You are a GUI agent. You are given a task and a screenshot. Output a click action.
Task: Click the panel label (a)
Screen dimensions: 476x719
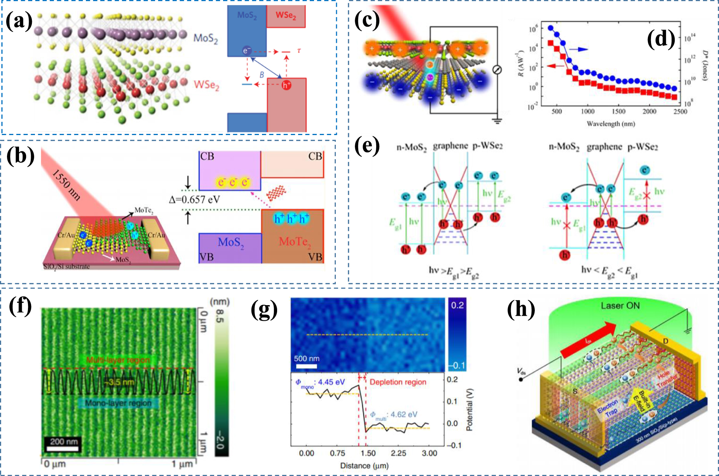[x=19, y=21]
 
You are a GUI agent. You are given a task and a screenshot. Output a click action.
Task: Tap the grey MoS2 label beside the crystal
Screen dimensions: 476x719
[x=206, y=38]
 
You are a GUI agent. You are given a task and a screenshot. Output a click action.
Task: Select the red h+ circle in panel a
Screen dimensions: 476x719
[x=286, y=85]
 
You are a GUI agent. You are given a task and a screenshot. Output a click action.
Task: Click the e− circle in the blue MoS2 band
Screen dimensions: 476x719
[x=246, y=51]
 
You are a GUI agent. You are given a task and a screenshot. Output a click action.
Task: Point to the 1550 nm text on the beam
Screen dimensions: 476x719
[x=66, y=185]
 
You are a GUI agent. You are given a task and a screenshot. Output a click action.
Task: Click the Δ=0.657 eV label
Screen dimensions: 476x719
[x=194, y=200]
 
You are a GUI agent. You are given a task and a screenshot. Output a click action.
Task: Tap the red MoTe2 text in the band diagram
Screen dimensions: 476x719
[x=295, y=242]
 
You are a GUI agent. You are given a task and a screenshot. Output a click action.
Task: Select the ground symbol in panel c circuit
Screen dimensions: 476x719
[x=497, y=121]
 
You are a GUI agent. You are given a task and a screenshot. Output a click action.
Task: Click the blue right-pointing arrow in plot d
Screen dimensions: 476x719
[x=579, y=49]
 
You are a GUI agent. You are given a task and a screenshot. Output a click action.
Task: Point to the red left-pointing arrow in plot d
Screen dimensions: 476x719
[x=556, y=66]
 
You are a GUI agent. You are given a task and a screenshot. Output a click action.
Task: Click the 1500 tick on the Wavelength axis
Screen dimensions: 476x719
[x=618, y=112]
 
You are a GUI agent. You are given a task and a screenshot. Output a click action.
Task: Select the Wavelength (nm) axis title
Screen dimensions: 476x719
[x=611, y=124]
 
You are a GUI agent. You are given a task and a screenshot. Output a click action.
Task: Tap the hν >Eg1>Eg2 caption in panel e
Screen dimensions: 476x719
[x=454, y=271]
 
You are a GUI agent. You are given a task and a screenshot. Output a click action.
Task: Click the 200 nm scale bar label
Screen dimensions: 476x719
[x=64, y=441]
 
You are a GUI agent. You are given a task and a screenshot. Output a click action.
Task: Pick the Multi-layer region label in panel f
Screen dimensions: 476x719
[x=118, y=360]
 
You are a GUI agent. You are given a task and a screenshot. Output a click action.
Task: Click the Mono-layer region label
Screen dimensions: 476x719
[x=118, y=403]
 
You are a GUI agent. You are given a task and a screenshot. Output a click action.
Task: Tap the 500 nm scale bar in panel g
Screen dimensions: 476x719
[x=306, y=366]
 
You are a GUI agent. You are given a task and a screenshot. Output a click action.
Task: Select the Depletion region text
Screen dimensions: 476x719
[x=398, y=382]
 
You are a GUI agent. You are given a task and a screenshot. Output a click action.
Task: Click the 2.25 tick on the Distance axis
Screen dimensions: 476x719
[x=398, y=453]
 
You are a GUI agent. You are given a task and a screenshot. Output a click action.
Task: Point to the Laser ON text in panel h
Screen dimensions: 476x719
[x=620, y=306]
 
